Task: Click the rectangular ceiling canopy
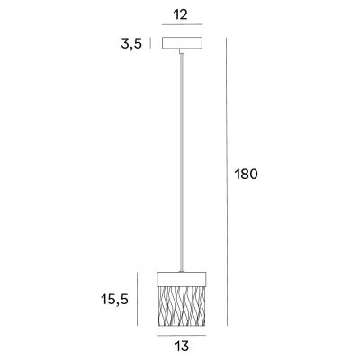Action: click(183, 43)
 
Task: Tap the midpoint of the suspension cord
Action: click(183, 160)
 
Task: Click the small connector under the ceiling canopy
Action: click(183, 52)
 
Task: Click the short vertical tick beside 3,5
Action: click(150, 43)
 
